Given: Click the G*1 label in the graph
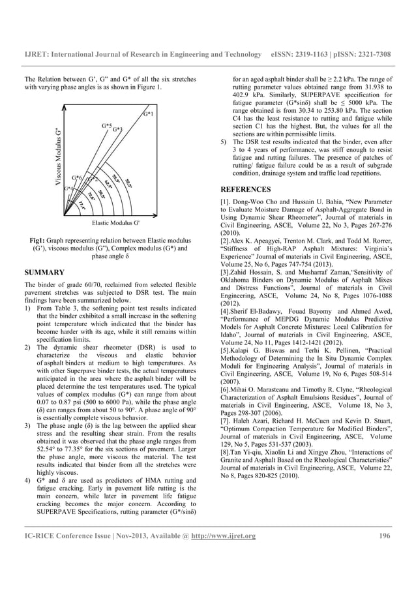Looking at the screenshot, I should [149, 115].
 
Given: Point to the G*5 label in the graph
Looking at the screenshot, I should [106, 124].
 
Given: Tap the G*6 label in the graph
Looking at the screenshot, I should [77, 177].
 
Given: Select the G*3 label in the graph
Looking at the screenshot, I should [117, 130].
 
